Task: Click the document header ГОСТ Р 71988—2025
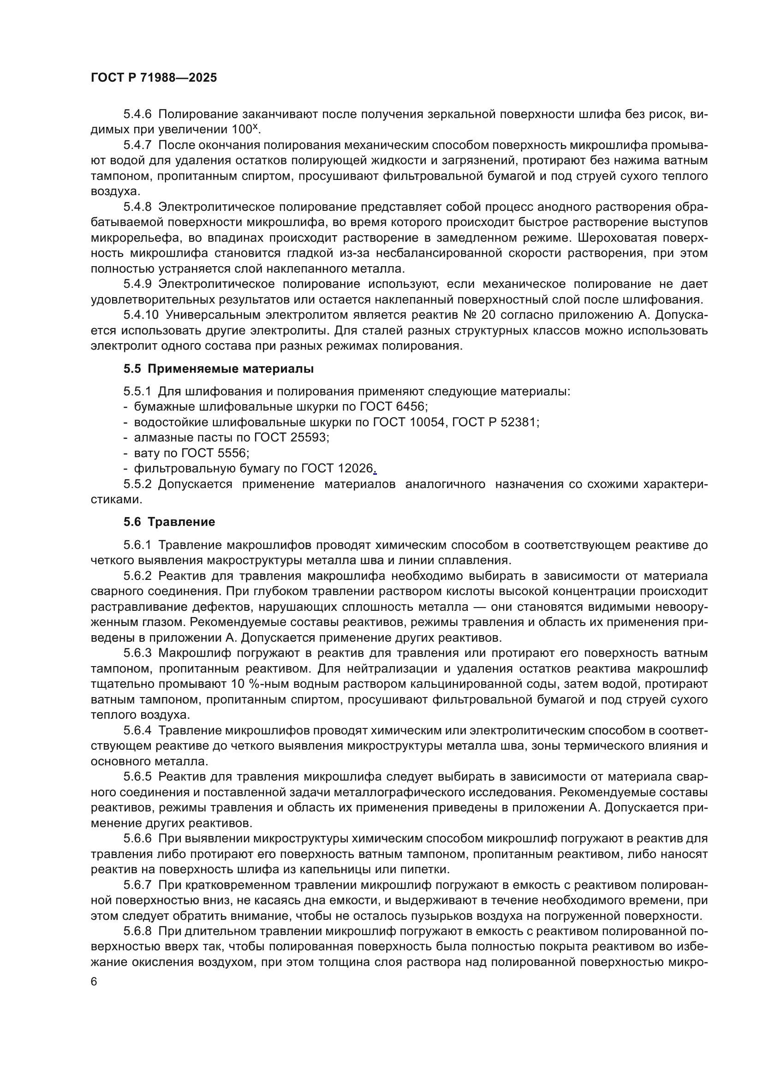click(x=154, y=78)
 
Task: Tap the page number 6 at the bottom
click(x=94, y=982)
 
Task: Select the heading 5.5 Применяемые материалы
click(x=219, y=369)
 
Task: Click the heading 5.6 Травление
click(x=169, y=522)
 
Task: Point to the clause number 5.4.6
click(x=137, y=114)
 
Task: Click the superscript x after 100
click(x=255, y=126)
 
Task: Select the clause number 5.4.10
click(x=141, y=315)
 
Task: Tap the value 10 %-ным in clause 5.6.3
click(x=258, y=684)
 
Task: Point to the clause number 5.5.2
click(x=137, y=484)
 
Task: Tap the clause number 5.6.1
click(x=137, y=545)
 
